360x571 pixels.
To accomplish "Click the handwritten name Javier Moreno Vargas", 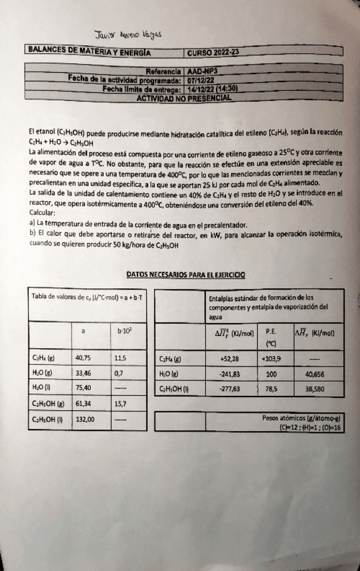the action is point(129,36).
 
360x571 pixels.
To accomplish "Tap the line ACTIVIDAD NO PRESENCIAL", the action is point(184,98).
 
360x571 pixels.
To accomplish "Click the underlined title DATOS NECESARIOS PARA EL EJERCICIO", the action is point(186,275).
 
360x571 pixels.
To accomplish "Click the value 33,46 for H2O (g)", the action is point(83,372).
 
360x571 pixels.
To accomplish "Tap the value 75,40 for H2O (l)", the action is point(83,387).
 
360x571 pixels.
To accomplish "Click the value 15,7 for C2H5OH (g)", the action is point(122,403).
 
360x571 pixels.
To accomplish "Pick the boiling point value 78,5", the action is point(272,389).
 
